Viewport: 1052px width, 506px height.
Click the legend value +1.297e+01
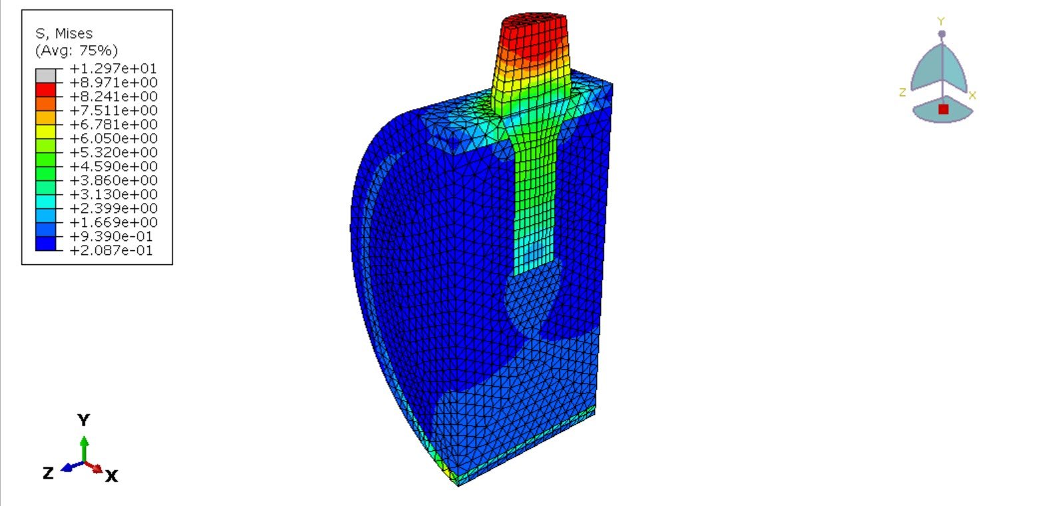pos(113,69)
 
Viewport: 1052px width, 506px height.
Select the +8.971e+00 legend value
pos(113,83)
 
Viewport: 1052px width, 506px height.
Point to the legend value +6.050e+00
pos(113,138)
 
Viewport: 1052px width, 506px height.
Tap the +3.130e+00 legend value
pos(113,194)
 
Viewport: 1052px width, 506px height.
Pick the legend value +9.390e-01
pos(111,236)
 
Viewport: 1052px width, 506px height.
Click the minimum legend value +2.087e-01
pos(111,250)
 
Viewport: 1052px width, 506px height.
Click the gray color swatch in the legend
pos(45,76)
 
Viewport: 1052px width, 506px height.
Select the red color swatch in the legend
pos(45,90)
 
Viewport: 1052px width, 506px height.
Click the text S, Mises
pos(65,33)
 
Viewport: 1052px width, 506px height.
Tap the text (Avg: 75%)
pos(77,51)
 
